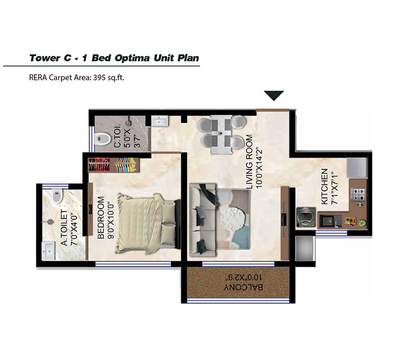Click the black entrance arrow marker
click(x=274, y=95)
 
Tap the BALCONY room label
click(x=243, y=287)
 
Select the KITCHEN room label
click(x=324, y=186)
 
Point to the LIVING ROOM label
click(x=250, y=161)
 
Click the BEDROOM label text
click(x=101, y=217)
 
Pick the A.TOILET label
click(x=64, y=227)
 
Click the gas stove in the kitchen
click(x=358, y=194)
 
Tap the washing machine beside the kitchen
click(x=306, y=217)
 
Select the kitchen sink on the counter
click(x=327, y=221)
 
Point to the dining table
click(x=221, y=134)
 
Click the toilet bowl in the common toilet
click(x=103, y=139)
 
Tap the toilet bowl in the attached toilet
click(x=57, y=195)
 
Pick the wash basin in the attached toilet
click(x=49, y=251)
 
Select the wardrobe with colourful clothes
click(x=114, y=165)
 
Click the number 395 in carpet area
click(x=99, y=77)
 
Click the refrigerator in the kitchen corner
click(x=357, y=168)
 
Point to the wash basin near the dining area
click(x=159, y=121)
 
